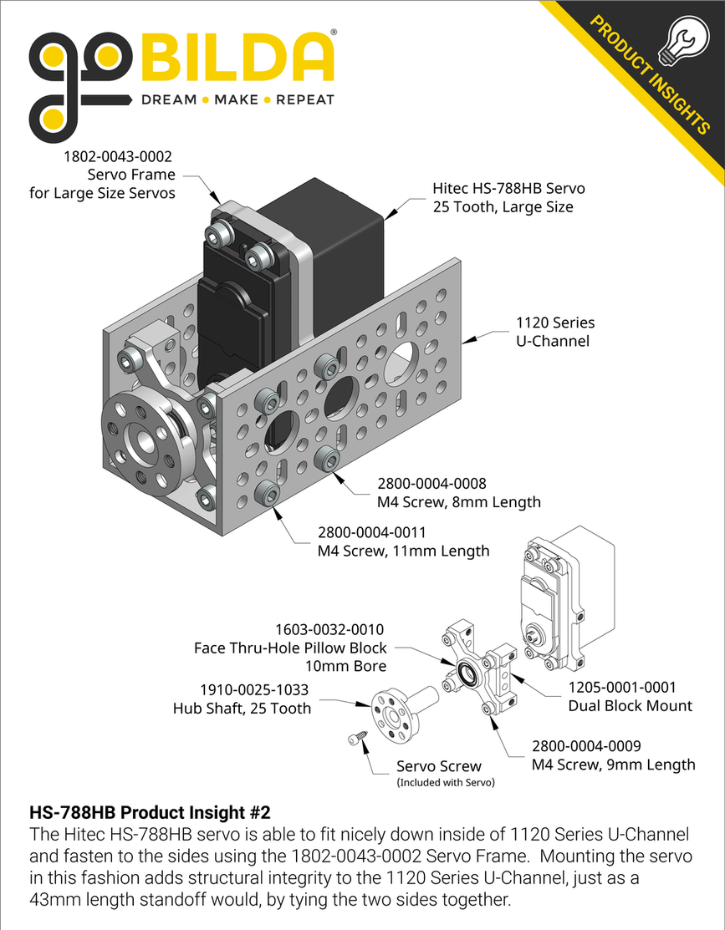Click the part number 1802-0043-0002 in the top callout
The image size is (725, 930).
tap(120, 156)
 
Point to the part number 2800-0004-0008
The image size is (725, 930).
tap(431, 484)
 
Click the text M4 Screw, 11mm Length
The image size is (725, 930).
tap(403, 551)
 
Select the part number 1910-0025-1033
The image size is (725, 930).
tap(254, 690)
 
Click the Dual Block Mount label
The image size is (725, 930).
tap(630, 706)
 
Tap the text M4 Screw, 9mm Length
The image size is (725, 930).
tap(613, 764)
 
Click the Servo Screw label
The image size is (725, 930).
tap(438, 766)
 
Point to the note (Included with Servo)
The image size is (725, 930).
tap(445, 783)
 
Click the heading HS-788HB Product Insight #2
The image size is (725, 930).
tap(150, 812)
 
